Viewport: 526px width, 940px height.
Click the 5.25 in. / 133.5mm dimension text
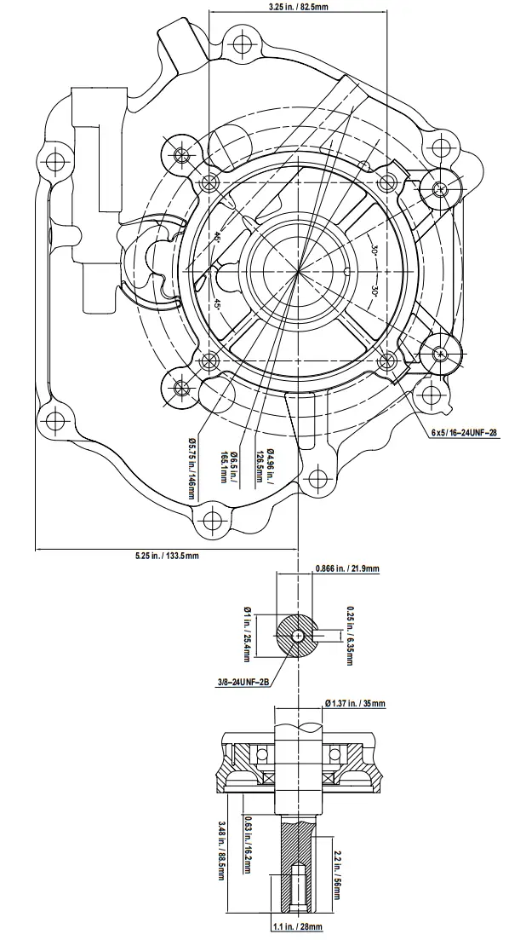[x=167, y=557]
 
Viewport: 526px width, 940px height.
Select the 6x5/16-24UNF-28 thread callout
[x=464, y=433]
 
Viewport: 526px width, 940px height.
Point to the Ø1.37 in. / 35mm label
[x=355, y=703]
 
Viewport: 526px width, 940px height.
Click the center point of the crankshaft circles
[x=298, y=274]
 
